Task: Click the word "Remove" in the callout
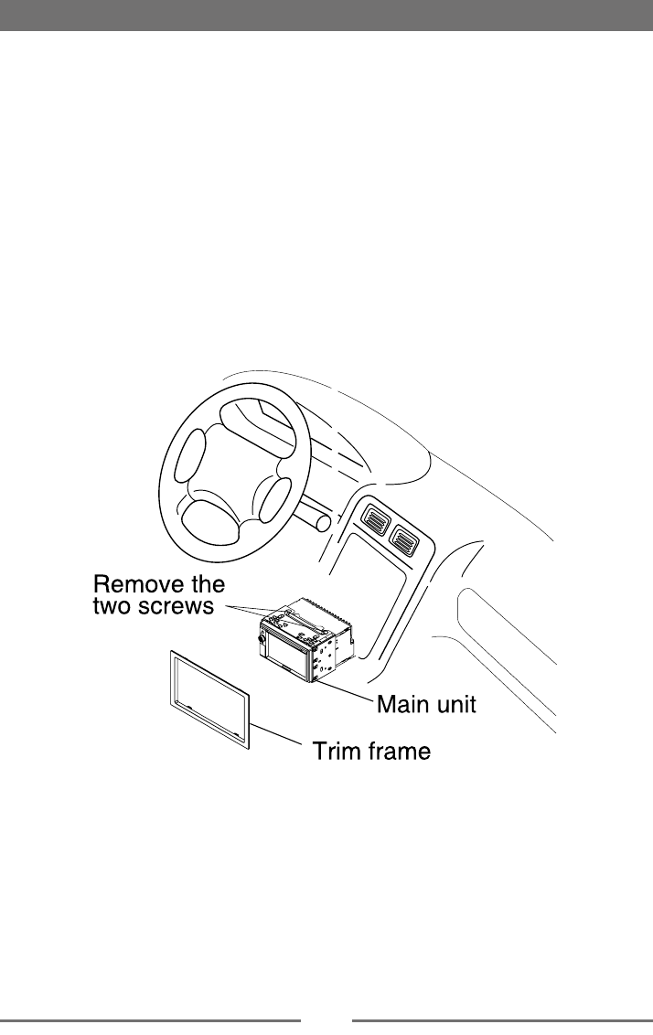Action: [x=138, y=584]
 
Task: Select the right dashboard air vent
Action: [x=403, y=540]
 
